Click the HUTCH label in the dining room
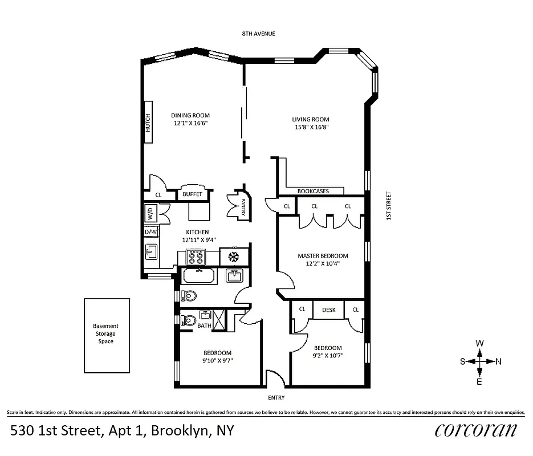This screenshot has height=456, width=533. [148, 124]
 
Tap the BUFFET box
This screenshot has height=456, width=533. [193, 194]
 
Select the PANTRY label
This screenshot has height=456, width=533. [243, 204]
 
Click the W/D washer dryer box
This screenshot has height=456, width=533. [150, 214]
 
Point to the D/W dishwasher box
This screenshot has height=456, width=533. [150, 232]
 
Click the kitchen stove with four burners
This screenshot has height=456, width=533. [197, 257]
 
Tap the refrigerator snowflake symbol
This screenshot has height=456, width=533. [233, 256]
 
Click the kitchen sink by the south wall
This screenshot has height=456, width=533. [152, 251]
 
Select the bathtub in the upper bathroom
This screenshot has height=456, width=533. [198, 277]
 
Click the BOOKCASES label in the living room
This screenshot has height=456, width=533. [313, 191]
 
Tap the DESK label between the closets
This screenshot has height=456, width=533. [329, 310]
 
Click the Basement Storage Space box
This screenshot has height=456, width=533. [107, 335]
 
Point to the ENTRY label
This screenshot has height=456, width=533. [276, 397]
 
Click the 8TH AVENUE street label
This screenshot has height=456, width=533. [259, 34]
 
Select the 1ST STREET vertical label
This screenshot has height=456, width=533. [389, 206]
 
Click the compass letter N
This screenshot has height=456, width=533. [499, 361]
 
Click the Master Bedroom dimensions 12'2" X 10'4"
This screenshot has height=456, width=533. [323, 264]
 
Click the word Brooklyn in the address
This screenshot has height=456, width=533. [178, 430]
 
